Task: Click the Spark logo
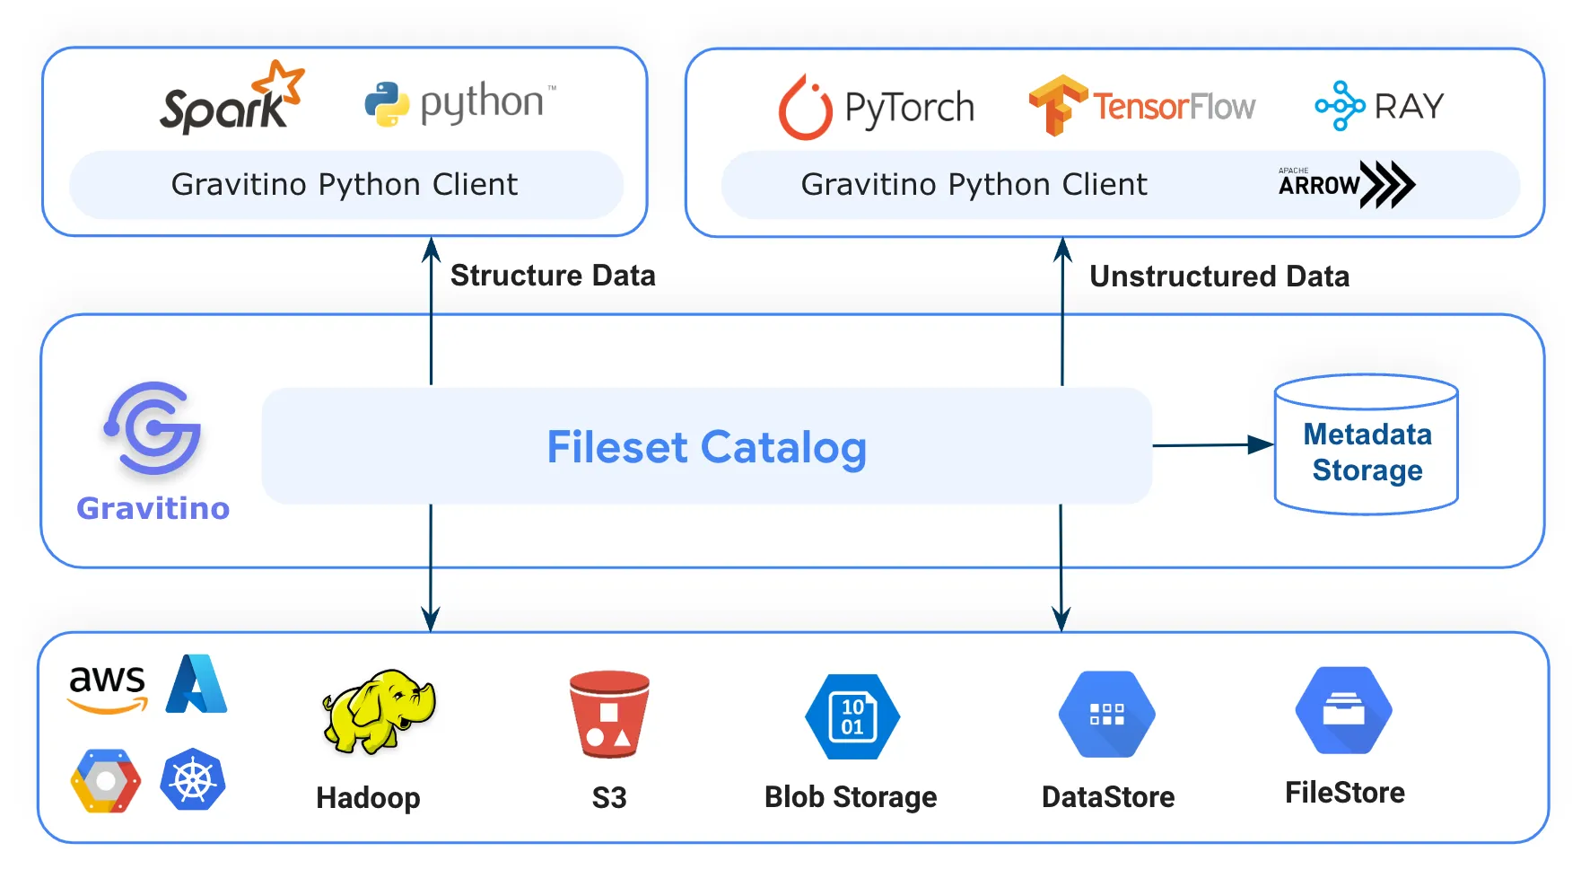coord(231,100)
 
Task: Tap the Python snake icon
coord(387,104)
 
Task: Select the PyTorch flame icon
coord(805,108)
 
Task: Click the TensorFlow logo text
coord(1173,107)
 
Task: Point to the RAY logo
coord(1379,106)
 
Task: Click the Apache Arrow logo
coord(1346,184)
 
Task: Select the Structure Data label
coord(553,276)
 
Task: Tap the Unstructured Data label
coord(1219,277)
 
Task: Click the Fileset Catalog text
coord(706,447)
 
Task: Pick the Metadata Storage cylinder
coord(1366,445)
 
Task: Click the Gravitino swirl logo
coord(153,429)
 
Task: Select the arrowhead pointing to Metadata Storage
coord(1260,444)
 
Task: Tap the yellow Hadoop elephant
coord(379,710)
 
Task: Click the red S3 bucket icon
coord(609,714)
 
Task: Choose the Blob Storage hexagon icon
coord(852,716)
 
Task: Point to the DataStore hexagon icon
coord(1106,715)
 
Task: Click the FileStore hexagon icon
coord(1343,710)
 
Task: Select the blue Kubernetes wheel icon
coord(193,779)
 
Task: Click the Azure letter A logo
coord(197,684)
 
